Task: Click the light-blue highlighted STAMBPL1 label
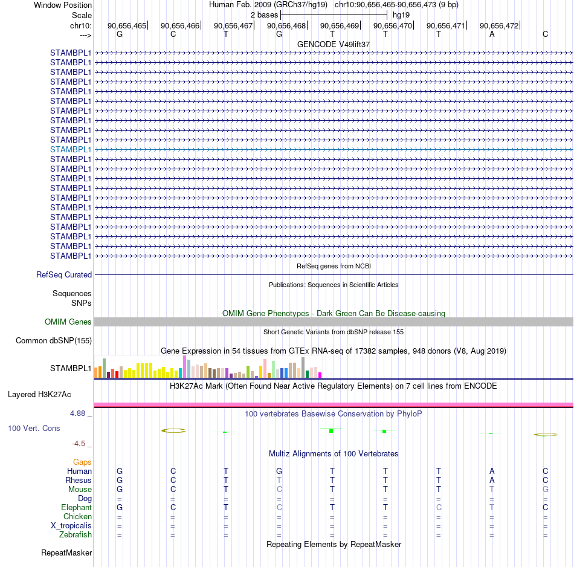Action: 71,149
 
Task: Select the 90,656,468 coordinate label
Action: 286,25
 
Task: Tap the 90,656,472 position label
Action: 499,25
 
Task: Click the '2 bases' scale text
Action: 264,15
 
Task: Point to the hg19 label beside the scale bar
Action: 401,15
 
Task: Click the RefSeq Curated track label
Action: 64,274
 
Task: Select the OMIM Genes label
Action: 68,322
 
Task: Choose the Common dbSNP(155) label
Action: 54,341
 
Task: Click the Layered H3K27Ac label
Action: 39,395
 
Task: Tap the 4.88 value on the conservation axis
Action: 77,413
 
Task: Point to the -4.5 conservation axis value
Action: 79,444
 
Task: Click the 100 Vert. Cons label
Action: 34,428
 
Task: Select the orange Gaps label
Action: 82,462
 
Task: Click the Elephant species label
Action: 77,507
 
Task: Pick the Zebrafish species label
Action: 76,534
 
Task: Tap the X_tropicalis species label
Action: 71,526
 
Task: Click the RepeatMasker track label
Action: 66,552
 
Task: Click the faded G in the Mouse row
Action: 546,490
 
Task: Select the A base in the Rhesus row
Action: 492,480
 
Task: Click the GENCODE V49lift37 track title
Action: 334,44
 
